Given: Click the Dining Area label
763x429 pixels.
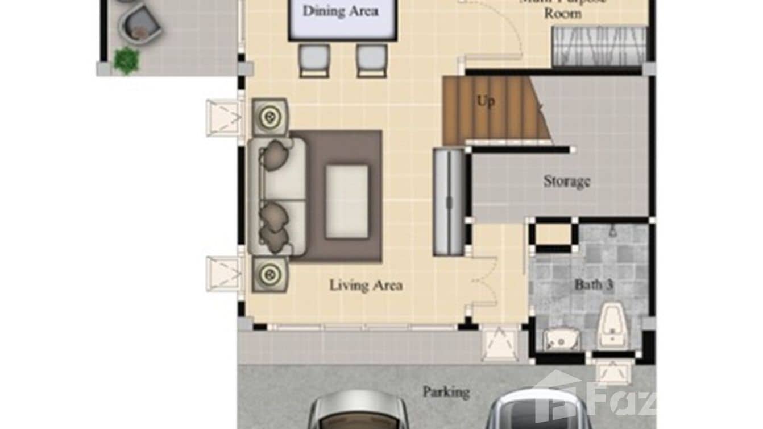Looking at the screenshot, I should point(340,11).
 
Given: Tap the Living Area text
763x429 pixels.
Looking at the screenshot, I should point(366,285).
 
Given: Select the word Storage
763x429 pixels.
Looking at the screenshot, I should point(566,181).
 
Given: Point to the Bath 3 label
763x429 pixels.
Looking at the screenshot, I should point(593,284).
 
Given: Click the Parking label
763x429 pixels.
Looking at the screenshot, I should point(446,392).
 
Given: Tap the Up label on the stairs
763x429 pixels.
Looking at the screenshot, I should point(485,101).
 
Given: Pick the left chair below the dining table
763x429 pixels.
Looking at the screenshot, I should point(314,60).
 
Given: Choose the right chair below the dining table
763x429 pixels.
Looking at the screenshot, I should point(371,60).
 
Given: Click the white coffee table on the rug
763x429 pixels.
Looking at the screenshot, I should point(346,201).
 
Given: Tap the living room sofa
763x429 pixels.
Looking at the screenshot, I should point(277,195).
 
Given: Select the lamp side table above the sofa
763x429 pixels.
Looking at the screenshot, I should point(269,117).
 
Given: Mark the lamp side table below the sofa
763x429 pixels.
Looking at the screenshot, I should point(269,275).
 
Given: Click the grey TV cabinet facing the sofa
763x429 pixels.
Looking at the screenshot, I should point(449,201).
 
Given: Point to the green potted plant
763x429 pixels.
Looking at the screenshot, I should point(126,60).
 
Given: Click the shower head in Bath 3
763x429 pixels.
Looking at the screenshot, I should point(613,232).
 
